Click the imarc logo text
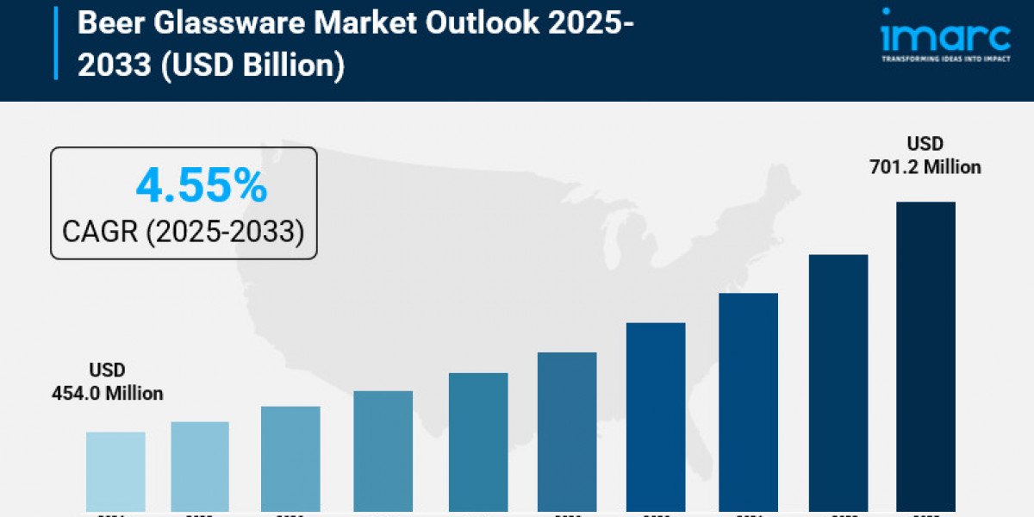944,36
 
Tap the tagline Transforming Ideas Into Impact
944,59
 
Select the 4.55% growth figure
201,185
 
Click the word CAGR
102,231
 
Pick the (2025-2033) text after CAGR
226,231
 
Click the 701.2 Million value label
925,167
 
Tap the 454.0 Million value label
107,393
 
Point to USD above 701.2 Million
925,144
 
